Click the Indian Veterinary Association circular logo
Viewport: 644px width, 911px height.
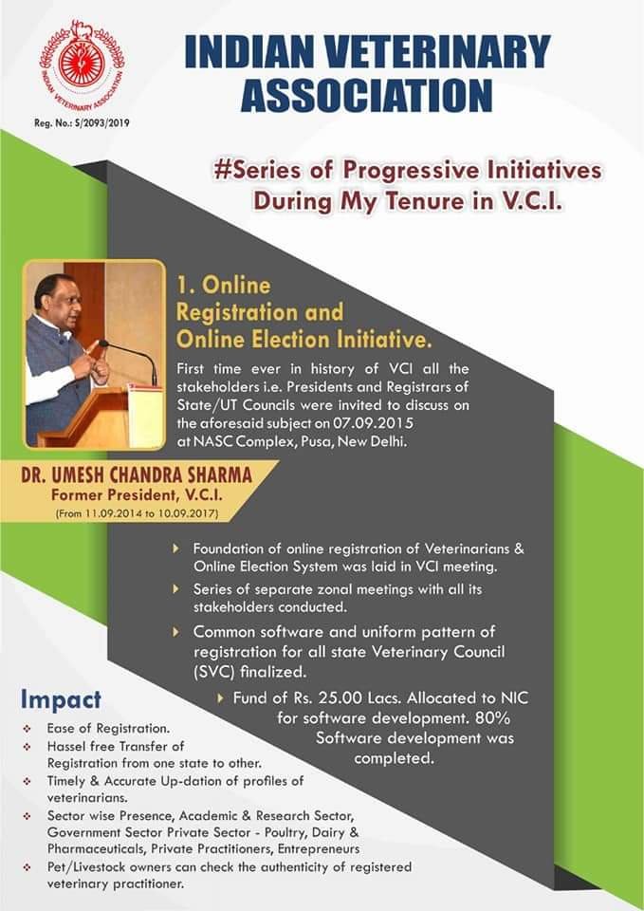[82, 66]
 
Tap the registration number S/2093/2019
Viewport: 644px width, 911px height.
[102, 123]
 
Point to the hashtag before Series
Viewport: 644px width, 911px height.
[221, 171]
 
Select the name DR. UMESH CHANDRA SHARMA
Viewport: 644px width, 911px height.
[137, 474]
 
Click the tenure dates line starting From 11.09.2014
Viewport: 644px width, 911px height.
[137, 513]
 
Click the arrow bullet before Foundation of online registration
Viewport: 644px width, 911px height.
[176, 548]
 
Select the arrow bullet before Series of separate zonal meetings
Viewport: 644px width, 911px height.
[176, 588]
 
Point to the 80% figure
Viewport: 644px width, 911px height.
[492, 717]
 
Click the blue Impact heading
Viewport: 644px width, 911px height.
[61, 700]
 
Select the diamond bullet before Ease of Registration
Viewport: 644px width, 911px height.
[27, 729]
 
